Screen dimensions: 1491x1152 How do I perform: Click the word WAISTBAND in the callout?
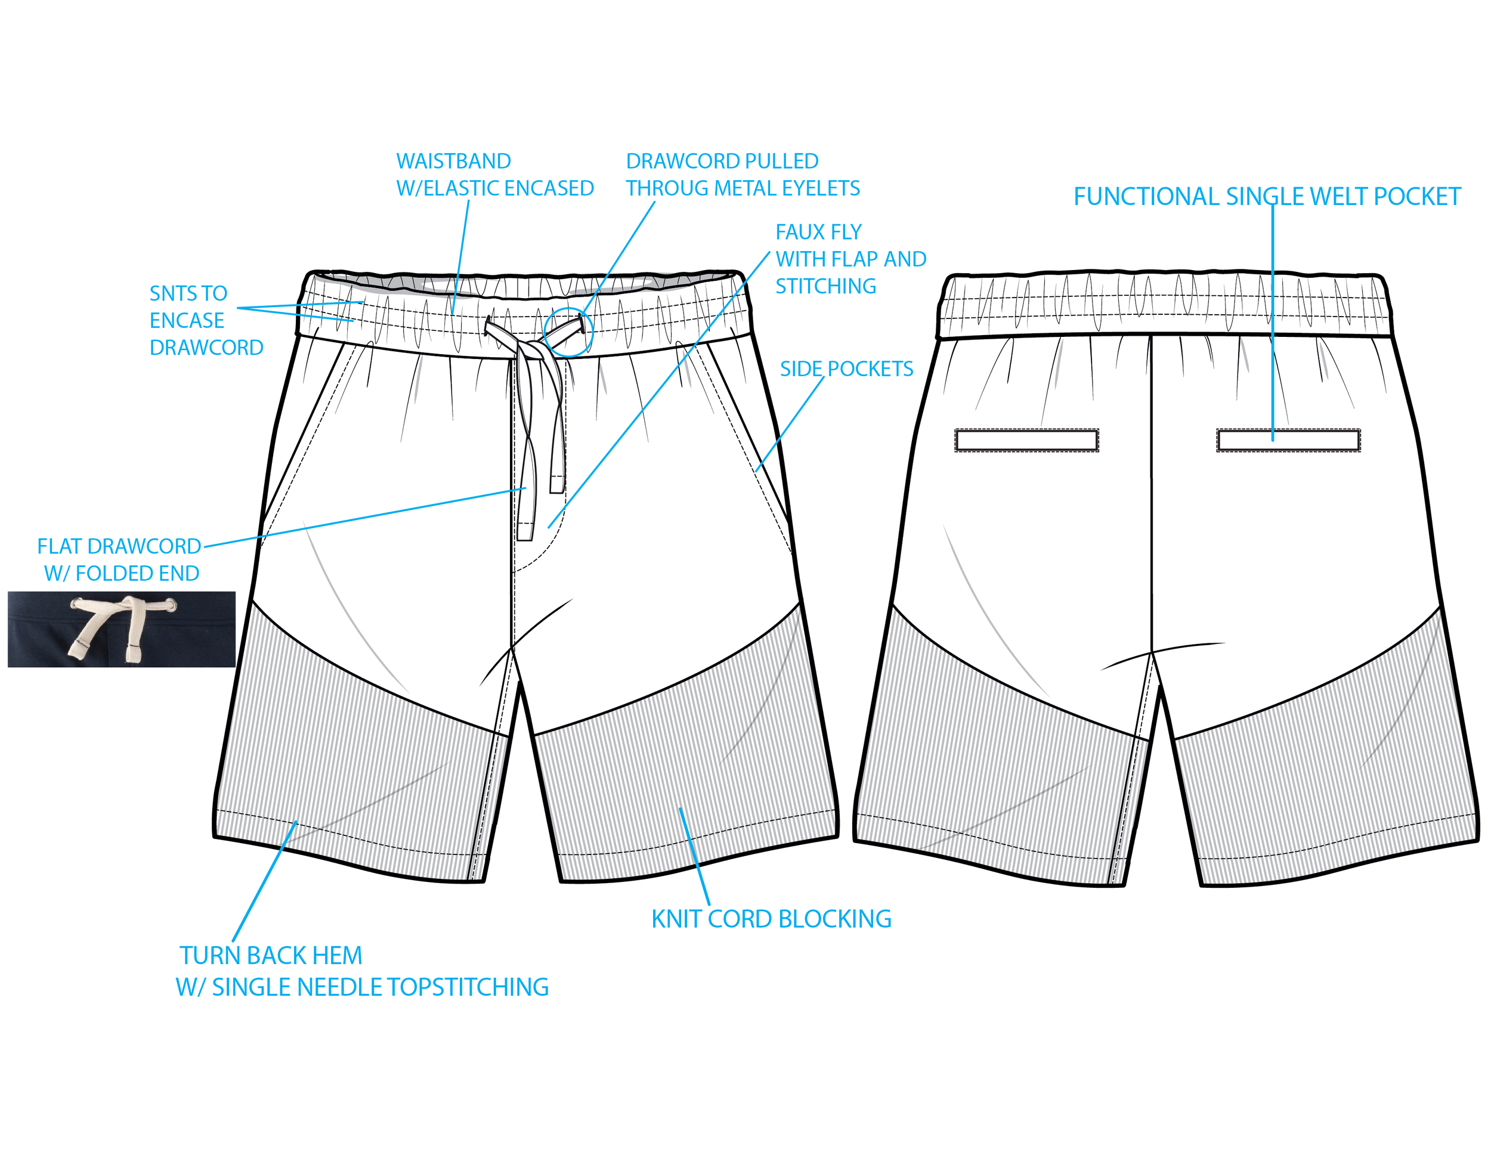click(453, 162)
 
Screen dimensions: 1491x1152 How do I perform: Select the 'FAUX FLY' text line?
click(818, 232)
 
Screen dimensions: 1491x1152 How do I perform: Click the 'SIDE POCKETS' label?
click(846, 369)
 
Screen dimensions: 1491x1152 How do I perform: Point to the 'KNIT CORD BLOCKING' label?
click(771, 919)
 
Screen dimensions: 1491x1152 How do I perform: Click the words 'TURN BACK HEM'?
click(270, 955)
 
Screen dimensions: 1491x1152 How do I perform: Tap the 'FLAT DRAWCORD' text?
click(119, 546)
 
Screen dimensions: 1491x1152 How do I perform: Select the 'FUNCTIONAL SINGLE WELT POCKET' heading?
click(1266, 197)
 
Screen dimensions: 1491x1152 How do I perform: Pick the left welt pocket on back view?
click(1026, 440)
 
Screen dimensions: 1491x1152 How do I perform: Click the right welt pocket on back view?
click(1288, 440)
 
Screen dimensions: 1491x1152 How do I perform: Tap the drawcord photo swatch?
click(122, 629)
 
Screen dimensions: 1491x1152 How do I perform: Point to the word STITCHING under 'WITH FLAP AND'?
click(825, 286)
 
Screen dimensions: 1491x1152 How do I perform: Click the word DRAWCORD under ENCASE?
click(206, 348)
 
